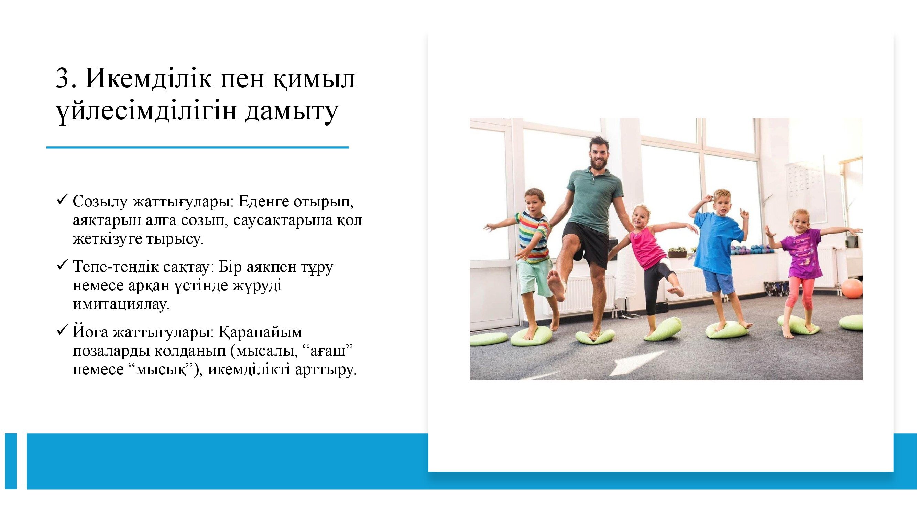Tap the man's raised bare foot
click(x=556, y=285)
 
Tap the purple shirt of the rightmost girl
click(x=803, y=253)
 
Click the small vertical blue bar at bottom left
click(x=11, y=461)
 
